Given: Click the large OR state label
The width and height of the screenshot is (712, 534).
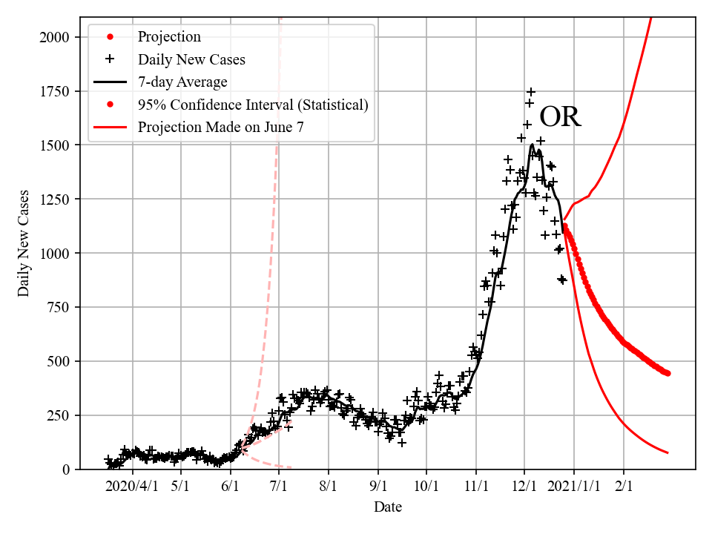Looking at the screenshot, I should pos(560,117).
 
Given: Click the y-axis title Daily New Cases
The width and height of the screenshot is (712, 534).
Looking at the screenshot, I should pos(24,242).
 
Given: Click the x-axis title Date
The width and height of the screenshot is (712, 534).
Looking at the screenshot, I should pos(388,507).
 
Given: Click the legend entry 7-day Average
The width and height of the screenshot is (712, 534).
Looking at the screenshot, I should pos(182,82).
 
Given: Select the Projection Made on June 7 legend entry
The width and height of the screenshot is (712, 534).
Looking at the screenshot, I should pos(220,128).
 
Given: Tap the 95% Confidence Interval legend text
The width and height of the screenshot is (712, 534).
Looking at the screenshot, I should pos(253,105).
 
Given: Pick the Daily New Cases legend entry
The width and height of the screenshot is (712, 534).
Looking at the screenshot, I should pos(191,59).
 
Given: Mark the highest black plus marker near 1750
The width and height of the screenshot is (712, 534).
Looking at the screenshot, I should pos(530,92).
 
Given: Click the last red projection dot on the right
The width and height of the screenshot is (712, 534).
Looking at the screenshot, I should pos(667,373).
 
